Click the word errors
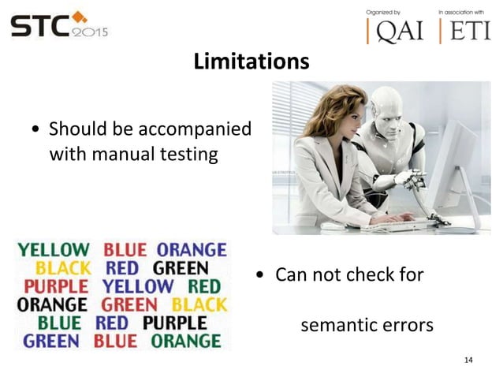click(x=407, y=324)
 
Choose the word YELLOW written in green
click(x=54, y=251)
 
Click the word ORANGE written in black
click(x=52, y=304)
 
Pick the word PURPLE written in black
click(x=174, y=323)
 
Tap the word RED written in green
click(x=204, y=286)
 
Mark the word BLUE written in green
click(x=59, y=323)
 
